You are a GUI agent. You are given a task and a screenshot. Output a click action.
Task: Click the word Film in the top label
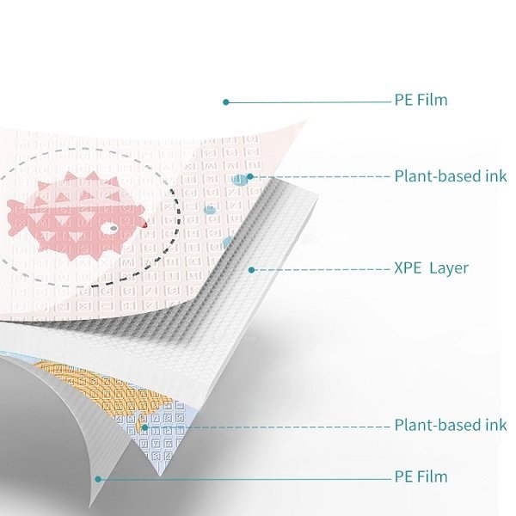432,101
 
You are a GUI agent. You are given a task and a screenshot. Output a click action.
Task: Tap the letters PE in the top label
403,101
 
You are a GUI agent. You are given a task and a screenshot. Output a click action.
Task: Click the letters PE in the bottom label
403,476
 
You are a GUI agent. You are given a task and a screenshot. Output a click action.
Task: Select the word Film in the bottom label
432,476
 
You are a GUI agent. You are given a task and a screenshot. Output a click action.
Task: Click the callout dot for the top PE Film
225,101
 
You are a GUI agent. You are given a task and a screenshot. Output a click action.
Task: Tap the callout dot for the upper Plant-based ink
249,177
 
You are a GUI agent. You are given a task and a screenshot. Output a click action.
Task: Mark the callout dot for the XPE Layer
251,269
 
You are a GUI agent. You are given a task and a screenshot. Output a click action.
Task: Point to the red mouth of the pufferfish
145,223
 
